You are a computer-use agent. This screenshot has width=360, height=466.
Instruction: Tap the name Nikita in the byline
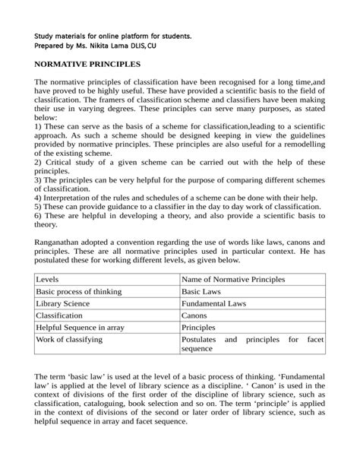pos(102,46)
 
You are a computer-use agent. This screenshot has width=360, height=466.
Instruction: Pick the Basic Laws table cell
pos(202,292)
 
